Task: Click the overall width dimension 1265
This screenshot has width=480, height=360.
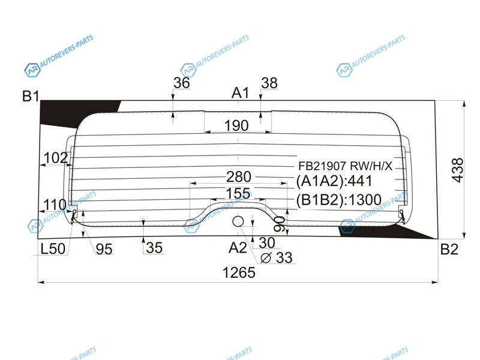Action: pos(239,272)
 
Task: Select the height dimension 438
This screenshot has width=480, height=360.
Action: pos(458,170)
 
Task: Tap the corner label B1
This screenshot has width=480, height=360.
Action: pos(31,96)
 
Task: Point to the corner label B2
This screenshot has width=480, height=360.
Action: pos(449,249)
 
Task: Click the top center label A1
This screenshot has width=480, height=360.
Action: pos(241,93)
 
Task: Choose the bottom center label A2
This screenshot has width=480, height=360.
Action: pos(238,247)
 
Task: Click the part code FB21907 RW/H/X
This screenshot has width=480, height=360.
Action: pos(346,166)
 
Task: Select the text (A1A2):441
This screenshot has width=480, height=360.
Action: pos(334,181)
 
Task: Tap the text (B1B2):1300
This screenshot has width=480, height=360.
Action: pos(338,200)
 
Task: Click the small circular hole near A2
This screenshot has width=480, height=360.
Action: pos(238,221)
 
